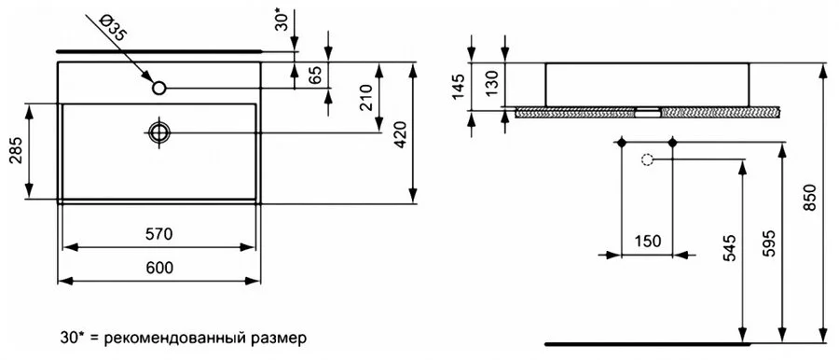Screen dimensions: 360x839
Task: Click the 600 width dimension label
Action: tap(159, 268)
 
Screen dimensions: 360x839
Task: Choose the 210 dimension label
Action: tap(365, 96)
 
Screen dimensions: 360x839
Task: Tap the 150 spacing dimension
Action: tap(647, 240)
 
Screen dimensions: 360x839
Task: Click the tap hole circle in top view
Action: tap(159, 89)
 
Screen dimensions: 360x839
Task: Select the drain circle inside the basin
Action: tap(159, 132)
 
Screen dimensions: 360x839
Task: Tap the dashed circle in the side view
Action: tap(647, 159)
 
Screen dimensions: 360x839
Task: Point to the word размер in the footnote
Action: tap(277, 335)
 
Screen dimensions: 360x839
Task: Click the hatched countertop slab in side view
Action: tap(578, 112)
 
